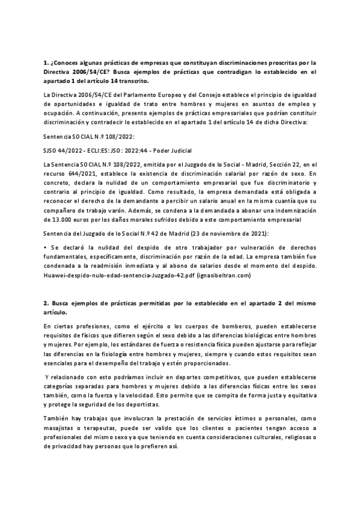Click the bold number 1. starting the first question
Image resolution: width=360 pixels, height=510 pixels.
coord(46,63)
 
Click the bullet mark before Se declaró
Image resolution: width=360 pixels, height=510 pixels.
coord(46,248)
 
